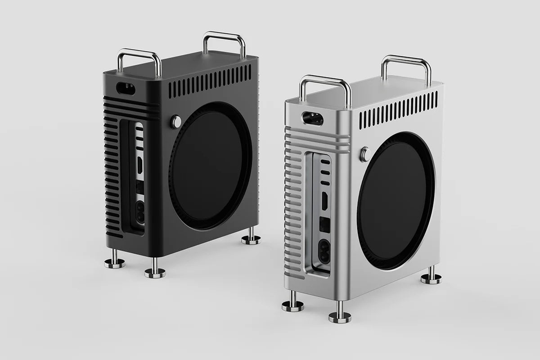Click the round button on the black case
(175, 121)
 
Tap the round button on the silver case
(364, 154)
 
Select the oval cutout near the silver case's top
(312, 118)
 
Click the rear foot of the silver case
(431, 276)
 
